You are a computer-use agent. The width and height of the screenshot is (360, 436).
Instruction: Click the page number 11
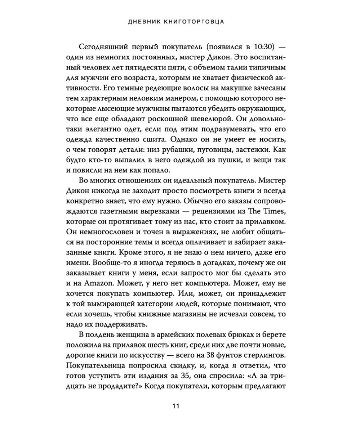[176, 406]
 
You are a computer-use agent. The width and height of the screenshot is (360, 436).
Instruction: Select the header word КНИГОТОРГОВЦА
[195, 22]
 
